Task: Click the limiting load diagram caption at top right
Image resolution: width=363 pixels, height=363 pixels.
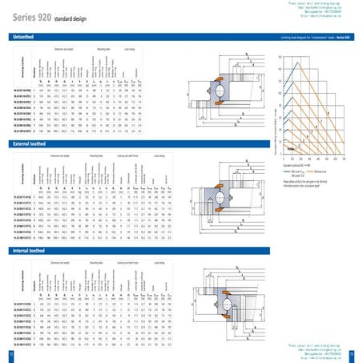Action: (313, 37)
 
